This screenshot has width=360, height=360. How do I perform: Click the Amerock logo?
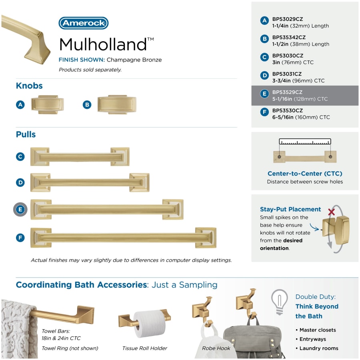tap(84, 23)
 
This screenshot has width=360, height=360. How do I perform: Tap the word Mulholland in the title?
tap(103, 44)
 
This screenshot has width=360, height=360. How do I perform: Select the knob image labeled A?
tap(48, 105)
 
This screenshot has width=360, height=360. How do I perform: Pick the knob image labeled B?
tap(117, 105)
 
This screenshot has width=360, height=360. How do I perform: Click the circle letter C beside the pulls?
tap(20, 156)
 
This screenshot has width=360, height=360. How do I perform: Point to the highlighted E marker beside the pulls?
tap(20, 209)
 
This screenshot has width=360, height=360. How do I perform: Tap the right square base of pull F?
tap(206, 238)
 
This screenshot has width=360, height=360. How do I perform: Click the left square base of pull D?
tap(41, 182)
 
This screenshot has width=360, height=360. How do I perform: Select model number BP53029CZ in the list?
tap(288, 19)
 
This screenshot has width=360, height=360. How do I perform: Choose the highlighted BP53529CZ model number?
tap(287, 92)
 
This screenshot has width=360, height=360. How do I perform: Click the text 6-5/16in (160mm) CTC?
tap(301, 117)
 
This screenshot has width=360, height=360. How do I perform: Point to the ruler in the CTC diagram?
tap(305, 142)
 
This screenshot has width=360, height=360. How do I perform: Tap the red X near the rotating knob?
tap(331, 212)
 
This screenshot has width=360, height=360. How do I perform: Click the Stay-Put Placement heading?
tap(290, 209)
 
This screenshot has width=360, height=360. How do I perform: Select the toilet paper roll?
tap(150, 324)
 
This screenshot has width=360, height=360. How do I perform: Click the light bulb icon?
tap(280, 302)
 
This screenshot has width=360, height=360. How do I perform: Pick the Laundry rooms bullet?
tap(317, 348)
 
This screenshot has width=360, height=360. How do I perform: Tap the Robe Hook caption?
tap(216, 348)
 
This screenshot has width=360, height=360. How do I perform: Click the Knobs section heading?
tap(29, 86)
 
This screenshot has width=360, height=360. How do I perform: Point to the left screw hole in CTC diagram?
tap(279, 156)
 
